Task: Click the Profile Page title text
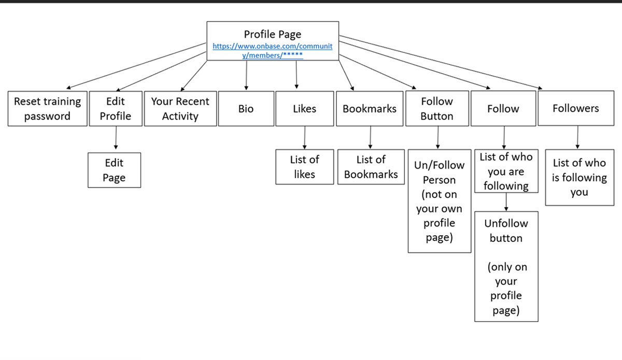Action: pos(273,35)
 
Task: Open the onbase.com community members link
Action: pos(273,50)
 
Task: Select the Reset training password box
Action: pos(47,109)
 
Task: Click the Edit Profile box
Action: pos(115,109)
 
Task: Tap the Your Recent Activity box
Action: pos(180,109)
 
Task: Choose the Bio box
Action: pos(246,109)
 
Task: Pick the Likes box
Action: pos(304,109)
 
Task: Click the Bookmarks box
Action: pos(370,109)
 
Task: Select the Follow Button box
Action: pos(437,109)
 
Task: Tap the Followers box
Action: pos(575,108)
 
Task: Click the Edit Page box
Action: pos(114,170)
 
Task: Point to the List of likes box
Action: pos(304,167)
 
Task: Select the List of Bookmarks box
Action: pos(371,167)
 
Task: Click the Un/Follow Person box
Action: pos(439,201)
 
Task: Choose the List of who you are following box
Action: pos(506,171)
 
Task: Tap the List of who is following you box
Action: pos(579,177)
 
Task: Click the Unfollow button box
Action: pos(506,266)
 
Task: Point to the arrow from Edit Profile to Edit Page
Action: pos(115,139)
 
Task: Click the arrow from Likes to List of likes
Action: pos(304,138)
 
